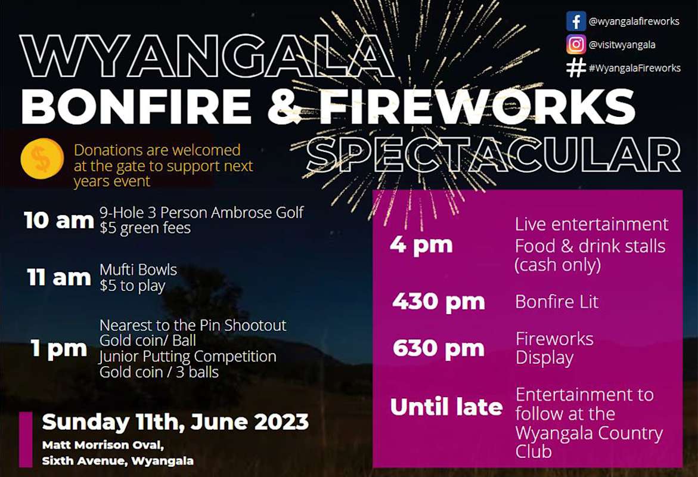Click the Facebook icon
(576, 21)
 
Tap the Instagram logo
(576, 44)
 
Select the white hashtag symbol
(576, 67)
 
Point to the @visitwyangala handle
(622, 44)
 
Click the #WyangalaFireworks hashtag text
(634, 68)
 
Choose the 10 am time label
(59, 220)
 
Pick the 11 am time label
(59, 277)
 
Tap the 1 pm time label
(59, 349)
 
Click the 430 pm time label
(438, 302)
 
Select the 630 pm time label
(438, 348)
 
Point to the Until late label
(446, 407)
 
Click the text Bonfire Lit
(557, 302)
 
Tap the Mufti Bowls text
(138, 270)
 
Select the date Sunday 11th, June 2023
(175, 422)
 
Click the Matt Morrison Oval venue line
(103, 445)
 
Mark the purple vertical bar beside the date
(26, 439)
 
